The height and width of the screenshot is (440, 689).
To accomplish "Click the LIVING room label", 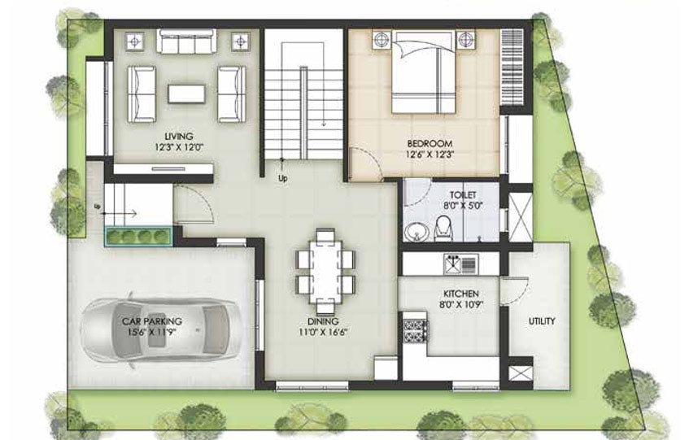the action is pos(179,136).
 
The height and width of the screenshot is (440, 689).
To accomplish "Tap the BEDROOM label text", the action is pos(430,144).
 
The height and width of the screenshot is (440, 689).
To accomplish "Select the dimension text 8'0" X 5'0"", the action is pos(463,205).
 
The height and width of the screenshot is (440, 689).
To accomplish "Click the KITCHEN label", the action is pos(461,294).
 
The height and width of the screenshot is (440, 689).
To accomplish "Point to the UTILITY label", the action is pos(542,321).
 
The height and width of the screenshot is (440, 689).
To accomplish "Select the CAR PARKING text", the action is pos(152,321).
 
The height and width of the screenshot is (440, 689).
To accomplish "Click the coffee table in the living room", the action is pos(186,94).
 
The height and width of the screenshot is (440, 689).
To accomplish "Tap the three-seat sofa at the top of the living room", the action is pos(187,41).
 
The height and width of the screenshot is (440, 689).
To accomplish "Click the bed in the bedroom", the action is pos(423,72).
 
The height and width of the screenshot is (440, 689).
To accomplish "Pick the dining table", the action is pos(325,272).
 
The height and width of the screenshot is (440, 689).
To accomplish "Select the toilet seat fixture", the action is pos(443,229).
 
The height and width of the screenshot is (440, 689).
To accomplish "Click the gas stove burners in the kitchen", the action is pos(415,331).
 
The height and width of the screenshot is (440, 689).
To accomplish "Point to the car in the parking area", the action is pos(161,329).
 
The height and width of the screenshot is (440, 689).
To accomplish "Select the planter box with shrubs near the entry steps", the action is pos(138,236).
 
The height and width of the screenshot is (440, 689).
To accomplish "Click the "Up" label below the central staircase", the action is pos(282,179).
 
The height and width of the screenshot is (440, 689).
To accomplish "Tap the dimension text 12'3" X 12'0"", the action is pos(179,147).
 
